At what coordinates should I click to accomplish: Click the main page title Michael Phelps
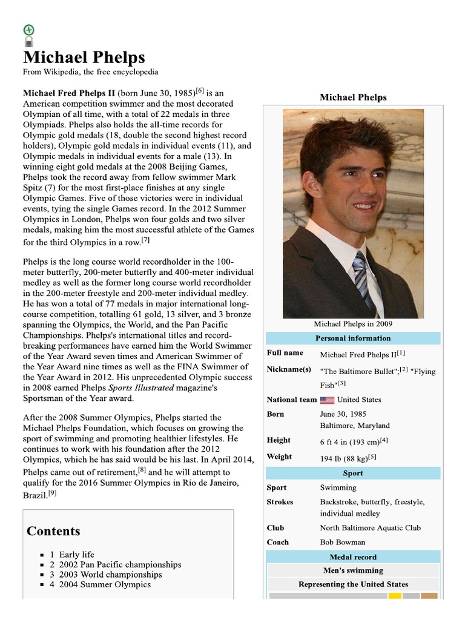pyautogui.click(x=84, y=58)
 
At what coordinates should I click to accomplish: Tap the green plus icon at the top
pyautogui.click(x=28, y=30)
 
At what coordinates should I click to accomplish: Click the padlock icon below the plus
pyautogui.click(x=28, y=41)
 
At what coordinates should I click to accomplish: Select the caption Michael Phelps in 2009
pyautogui.click(x=353, y=324)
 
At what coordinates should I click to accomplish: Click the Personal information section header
pyautogui.click(x=353, y=338)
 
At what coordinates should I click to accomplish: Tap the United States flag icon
pyautogui.click(x=327, y=400)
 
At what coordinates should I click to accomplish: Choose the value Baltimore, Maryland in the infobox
pyautogui.click(x=355, y=426)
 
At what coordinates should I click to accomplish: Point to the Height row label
pyautogui.click(x=279, y=440)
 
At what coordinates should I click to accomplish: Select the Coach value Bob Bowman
pyautogui.click(x=343, y=542)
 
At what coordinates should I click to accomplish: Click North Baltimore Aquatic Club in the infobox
pyautogui.click(x=370, y=528)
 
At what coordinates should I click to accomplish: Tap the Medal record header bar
pyautogui.click(x=353, y=557)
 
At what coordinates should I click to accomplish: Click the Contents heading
pyautogui.click(x=53, y=531)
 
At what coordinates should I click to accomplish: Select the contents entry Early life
pyautogui.click(x=76, y=555)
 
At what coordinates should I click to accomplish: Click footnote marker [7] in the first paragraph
pyautogui.click(x=145, y=240)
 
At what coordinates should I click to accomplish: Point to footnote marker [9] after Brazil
pyautogui.click(x=53, y=493)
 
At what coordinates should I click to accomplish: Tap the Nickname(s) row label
pyautogui.click(x=289, y=369)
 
